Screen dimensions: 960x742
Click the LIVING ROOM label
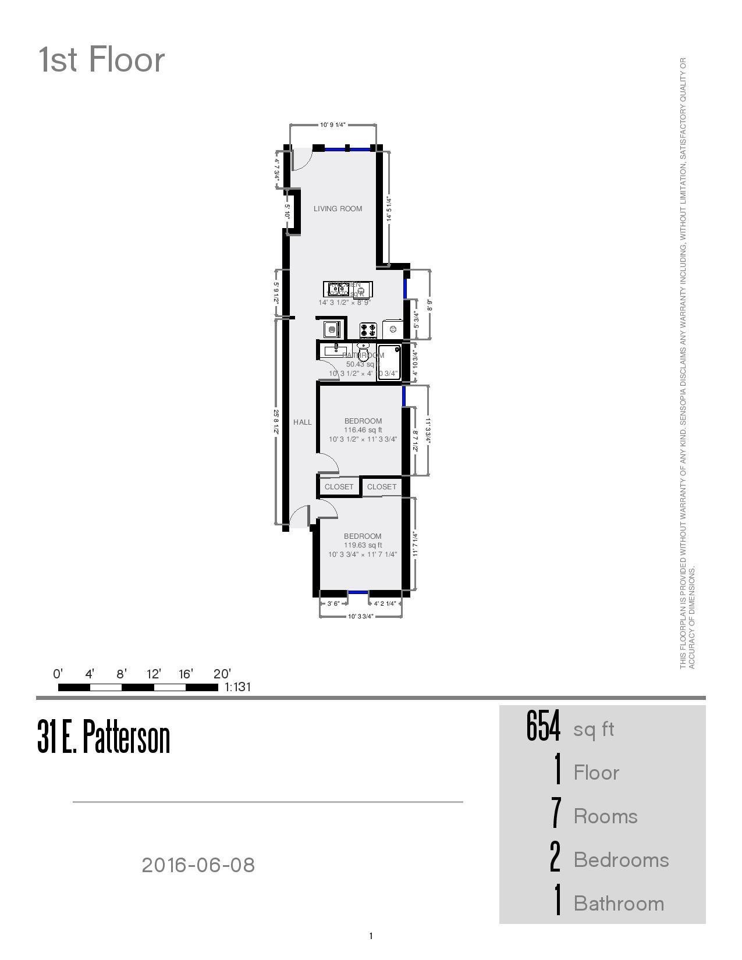tap(338, 209)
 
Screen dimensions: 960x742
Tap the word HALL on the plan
tap(303, 422)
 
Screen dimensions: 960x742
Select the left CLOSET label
tap(339, 487)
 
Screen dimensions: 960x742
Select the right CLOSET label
tap(382, 487)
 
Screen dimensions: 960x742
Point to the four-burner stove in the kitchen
tap(368, 330)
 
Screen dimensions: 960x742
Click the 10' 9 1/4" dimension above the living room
tap(332, 125)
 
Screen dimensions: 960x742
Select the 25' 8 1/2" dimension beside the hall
tap(276, 422)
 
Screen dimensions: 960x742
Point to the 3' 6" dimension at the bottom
tap(333, 604)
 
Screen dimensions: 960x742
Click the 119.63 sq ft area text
tap(363, 546)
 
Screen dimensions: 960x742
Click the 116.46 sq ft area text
tap(363, 431)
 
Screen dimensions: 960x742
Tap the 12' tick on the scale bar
tap(154, 674)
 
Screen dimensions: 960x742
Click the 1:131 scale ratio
tap(238, 687)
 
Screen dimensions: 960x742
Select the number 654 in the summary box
tap(543, 727)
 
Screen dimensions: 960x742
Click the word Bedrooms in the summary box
tap(621, 860)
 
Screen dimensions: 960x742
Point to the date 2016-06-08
tap(198, 865)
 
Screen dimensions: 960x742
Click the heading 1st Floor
tap(102, 60)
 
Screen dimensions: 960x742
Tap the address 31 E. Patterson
tap(104, 737)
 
